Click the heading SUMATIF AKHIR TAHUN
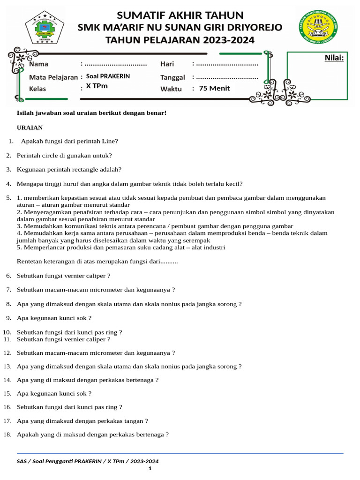pos(180,15)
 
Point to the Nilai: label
pos(334,58)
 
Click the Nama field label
pos(38,64)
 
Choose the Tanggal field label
pos(172,77)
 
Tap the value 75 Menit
pos(214,88)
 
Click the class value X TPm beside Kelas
pos(97,86)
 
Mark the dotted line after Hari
pos(227,64)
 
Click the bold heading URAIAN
pos(30,127)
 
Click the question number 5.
pos(8,198)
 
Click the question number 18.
pos(7,435)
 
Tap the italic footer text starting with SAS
pos(88,461)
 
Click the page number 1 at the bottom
pos(150,468)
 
